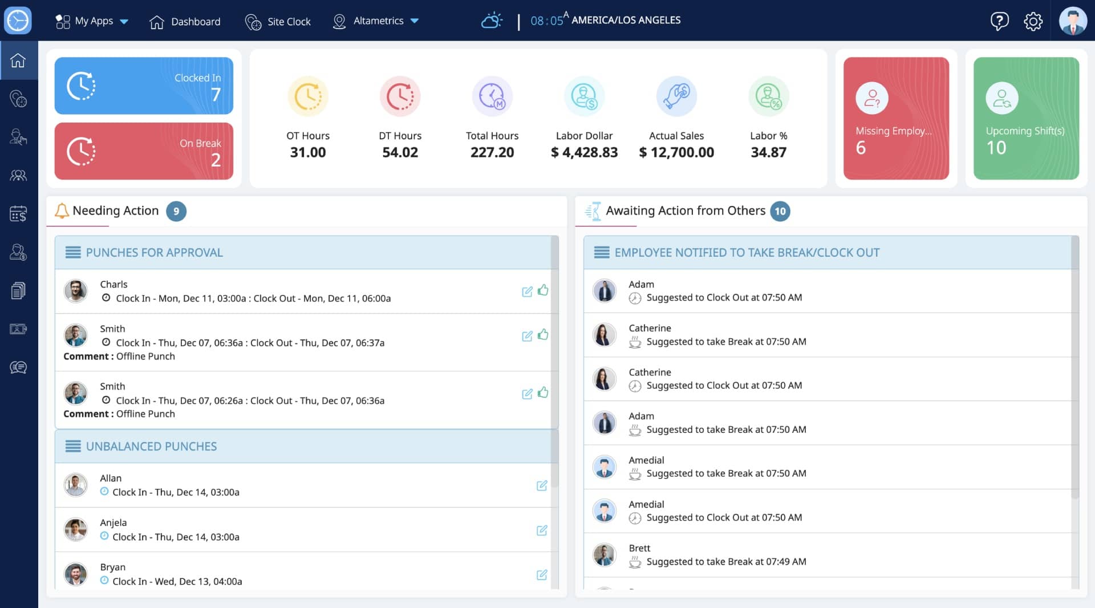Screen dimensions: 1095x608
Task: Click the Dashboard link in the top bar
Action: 185,22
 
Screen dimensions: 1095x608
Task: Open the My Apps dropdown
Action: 91,21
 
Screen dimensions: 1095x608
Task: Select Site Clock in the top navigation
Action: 278,22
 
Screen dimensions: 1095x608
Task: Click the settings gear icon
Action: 1033,21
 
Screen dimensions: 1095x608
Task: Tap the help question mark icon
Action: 999,21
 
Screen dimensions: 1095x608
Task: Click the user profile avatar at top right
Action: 1073,21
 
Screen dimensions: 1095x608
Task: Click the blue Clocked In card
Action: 144,86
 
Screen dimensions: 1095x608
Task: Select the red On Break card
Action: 144,151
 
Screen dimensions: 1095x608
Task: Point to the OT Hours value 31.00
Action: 308,152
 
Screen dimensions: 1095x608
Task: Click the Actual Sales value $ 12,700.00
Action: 676,152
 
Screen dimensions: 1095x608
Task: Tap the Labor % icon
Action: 768,96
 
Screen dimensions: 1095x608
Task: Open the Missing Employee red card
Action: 896,118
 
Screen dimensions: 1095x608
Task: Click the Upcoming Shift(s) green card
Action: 1026,118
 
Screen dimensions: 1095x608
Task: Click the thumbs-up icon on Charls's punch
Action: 543,290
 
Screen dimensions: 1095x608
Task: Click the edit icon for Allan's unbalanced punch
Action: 542,485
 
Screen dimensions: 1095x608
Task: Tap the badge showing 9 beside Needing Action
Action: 176,211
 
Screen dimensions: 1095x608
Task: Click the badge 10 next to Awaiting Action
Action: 780,211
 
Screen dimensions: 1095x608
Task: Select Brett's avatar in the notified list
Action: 604,554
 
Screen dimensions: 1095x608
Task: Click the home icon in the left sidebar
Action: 18,60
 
